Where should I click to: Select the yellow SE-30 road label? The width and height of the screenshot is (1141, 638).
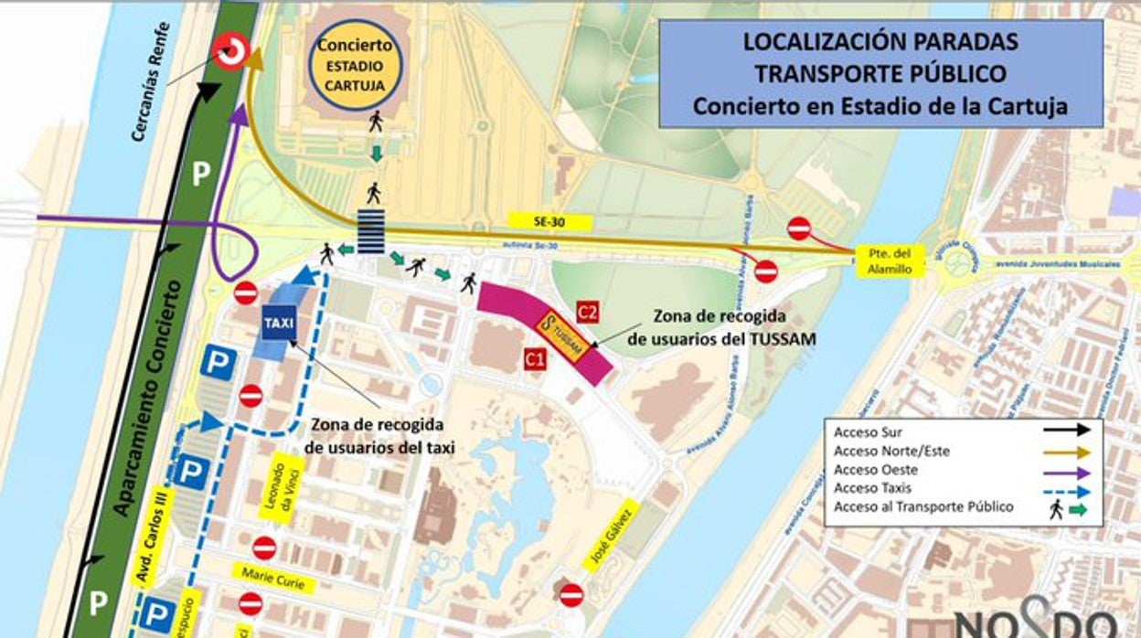[550, 221]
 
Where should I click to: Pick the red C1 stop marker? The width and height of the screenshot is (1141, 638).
[535, 360]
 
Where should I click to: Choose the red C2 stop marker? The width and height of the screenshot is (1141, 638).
[588, 313]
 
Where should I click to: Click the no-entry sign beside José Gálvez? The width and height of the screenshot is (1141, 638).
[571, 595]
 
